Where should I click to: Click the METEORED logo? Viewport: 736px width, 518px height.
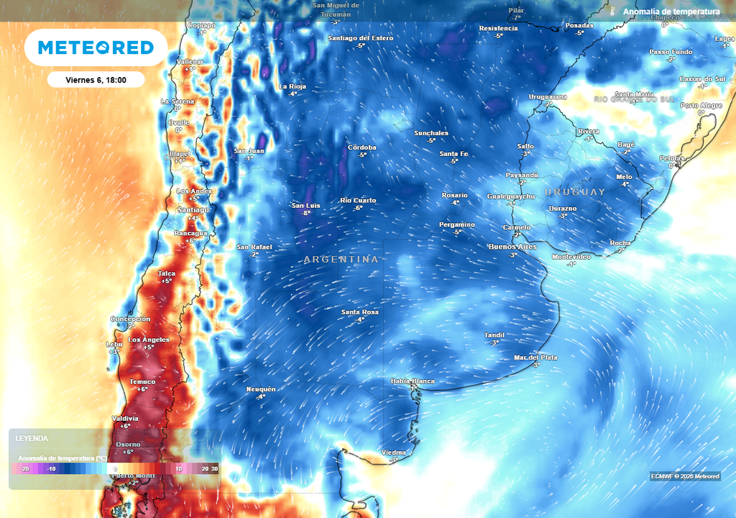coord(96,47)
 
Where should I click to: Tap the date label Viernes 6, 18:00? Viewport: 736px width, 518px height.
coord(96,80)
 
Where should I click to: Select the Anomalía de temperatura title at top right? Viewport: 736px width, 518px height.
coord(671,12)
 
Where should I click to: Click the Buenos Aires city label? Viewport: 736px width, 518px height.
coord(512,247)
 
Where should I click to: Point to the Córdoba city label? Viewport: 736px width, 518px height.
coord(362,147)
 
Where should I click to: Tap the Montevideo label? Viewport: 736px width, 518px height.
coord(571,257)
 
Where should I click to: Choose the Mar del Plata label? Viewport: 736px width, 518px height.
coord(535,358)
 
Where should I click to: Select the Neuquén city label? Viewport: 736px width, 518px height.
coord(261,389)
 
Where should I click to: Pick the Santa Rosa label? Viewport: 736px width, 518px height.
coord(360,312)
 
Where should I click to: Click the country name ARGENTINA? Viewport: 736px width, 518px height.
coord(341,259)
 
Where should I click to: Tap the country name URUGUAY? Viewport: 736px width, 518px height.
coord(575,192)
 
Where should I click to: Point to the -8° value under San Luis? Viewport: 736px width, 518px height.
coord(306,213)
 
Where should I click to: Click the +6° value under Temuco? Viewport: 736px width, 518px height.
coord(142,389)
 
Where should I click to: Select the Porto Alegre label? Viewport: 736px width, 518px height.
coord(701,105)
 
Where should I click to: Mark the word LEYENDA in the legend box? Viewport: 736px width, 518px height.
coord(32,438)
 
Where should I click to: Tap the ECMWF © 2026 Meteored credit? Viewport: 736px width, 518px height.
coord(684,476)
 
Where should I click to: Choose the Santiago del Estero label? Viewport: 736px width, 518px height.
coord(360,37)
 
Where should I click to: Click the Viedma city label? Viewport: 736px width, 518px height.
coord(394,453)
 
